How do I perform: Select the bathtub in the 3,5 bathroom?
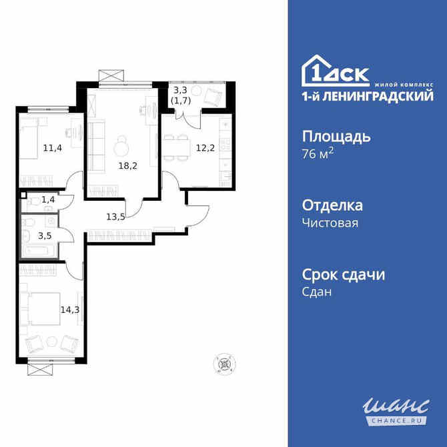[x=39, y=251]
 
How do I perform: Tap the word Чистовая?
[x=330, y=223]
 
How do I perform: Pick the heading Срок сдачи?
[x=344, y=274]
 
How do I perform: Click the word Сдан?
[x=317, y=292]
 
